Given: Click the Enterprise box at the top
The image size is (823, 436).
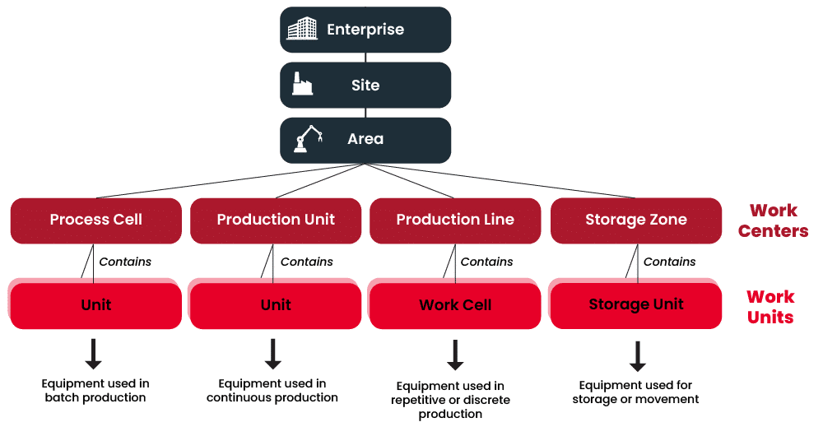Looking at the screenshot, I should coord(365,30).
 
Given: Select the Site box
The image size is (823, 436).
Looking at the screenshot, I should coord(365,85).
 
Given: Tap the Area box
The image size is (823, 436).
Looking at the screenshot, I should coord(365,139).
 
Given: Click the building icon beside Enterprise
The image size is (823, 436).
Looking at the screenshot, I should coord(301,30).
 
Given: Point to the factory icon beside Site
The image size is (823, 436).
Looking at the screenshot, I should coord(302,84).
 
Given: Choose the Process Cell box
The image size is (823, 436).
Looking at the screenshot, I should coord(96,220).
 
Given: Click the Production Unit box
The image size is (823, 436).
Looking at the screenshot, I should coord(276,220).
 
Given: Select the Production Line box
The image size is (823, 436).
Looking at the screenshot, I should coord(455,220).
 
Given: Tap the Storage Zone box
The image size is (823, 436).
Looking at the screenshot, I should coord(636,220).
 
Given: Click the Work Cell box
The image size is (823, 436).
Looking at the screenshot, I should coord(455,304).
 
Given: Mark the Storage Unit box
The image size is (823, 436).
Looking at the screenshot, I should coord(636,304).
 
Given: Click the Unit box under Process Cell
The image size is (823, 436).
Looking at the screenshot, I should coord(96,304).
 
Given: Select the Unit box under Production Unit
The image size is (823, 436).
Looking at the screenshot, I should coord(276,304).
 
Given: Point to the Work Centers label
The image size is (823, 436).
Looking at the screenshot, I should coord(773,220).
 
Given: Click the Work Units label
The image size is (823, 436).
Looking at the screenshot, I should coord(770,306).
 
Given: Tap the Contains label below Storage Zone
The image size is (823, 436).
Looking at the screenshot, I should coord(669,262).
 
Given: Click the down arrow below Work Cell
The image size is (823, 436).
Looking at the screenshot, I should coord(454,355).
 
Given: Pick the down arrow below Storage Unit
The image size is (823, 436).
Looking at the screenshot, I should coord(636,355).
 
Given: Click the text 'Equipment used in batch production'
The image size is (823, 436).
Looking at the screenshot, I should coord(95,391).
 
